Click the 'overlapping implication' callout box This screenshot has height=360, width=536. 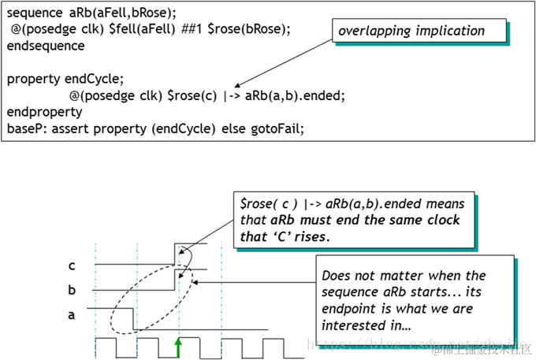pos(419,32)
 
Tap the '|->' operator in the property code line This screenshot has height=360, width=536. pos(229,96)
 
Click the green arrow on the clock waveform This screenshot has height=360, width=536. pos(178,346)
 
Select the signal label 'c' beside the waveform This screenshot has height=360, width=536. pos(72,265)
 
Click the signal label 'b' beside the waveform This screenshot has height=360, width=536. pos(72,290)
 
